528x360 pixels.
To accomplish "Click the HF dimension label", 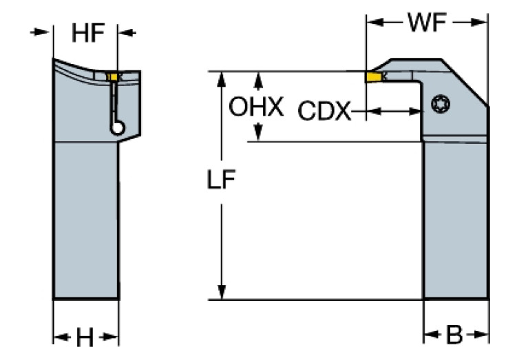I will click(x=88, y=33).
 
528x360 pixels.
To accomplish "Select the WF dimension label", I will click(x=427, y=22).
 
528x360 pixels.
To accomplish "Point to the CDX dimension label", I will click(x=324, y=112).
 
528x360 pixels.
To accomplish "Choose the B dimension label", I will click(x=454, y=337).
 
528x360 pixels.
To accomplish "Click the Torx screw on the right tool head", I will click(x=439, y=105).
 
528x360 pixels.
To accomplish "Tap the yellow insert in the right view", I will click(x=374, y=77).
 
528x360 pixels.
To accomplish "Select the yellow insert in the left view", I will click(x=112, y=76).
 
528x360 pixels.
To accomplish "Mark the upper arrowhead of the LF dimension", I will click(x=222, y=77).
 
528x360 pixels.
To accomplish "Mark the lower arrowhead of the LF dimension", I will click(x=222, y=293).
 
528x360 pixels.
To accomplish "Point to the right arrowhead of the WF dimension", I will click(x=483, y=22).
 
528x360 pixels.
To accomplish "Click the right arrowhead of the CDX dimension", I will click(x=416, y=112).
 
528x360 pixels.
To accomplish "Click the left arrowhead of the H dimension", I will click(x=59, y=337).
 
